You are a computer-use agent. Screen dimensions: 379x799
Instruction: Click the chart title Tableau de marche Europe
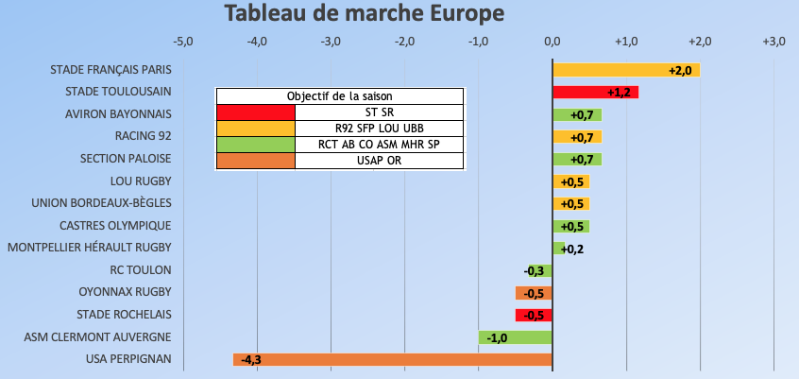[364, 14]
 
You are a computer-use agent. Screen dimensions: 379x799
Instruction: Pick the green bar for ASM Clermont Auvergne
[515, 337]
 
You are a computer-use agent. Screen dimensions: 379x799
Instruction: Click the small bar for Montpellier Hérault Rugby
[558, 249]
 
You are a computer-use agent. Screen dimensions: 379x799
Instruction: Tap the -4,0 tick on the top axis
[257, 42]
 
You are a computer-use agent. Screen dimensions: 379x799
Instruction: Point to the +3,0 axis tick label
[773, 42]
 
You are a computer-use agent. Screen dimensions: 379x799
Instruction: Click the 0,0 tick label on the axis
[552, 42]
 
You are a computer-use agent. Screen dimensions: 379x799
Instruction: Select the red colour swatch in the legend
[256, 112]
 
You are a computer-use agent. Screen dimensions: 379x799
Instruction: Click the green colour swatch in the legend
[256, 145]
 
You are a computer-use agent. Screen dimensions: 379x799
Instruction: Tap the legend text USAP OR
[379, 161]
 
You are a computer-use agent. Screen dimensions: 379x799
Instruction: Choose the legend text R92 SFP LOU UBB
[379, 129]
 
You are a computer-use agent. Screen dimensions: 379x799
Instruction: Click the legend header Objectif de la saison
[339, 96]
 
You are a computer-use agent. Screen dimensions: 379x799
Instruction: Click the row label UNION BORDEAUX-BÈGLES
[101, 203]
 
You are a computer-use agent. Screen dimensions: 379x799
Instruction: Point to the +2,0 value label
[681, 71]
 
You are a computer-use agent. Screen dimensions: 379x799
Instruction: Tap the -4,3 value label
[251, 360]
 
